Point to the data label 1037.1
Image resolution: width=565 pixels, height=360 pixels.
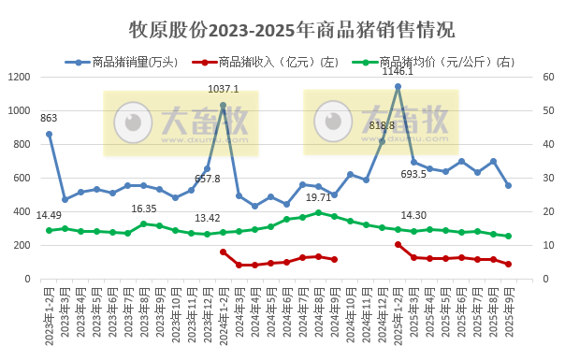pyautogui.click(x=223, y=90)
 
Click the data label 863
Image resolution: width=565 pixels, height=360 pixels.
pyautogui.click(x=49, y=118)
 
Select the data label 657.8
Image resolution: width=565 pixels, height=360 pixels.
pyautogui.click(x=207, y=178)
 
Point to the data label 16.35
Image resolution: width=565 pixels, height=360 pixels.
pyautogui.click(x=144, y=209)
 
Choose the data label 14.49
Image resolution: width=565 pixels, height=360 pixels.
pyautogui.click(x=49, y=216)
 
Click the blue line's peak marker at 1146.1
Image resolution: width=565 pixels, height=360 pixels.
pyautogui.click(x=398, y=86)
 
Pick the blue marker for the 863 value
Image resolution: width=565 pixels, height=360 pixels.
pyautogui.click(x=49, y=134)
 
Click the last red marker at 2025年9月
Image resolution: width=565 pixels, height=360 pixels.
pyautogui.click(x=508, y=265)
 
